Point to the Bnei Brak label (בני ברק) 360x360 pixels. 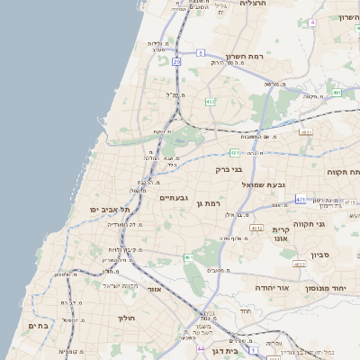click(229, 168)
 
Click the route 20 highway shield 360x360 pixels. click(177, 61)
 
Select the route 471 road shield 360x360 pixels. click(301, 199)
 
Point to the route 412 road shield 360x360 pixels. click(210, 103)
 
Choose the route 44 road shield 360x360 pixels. click(202, 348)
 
